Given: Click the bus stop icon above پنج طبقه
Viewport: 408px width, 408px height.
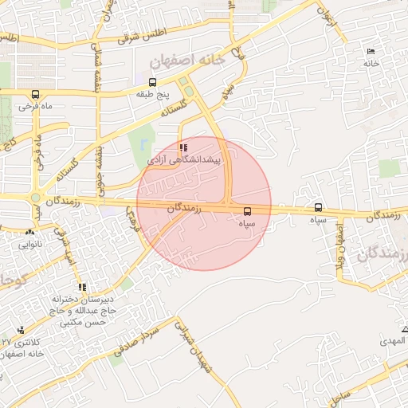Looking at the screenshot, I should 152,82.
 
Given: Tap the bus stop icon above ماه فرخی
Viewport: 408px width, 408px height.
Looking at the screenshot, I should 25,93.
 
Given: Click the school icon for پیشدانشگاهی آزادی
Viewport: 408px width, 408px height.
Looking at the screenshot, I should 185,147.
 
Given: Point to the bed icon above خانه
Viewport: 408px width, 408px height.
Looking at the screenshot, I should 371,52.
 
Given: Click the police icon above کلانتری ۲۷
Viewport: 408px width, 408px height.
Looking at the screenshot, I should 21,330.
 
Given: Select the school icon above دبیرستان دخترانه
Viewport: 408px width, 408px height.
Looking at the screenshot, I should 81,287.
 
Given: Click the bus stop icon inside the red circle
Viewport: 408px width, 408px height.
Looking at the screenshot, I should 247,211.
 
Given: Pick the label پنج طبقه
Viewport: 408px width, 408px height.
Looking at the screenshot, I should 152,94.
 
